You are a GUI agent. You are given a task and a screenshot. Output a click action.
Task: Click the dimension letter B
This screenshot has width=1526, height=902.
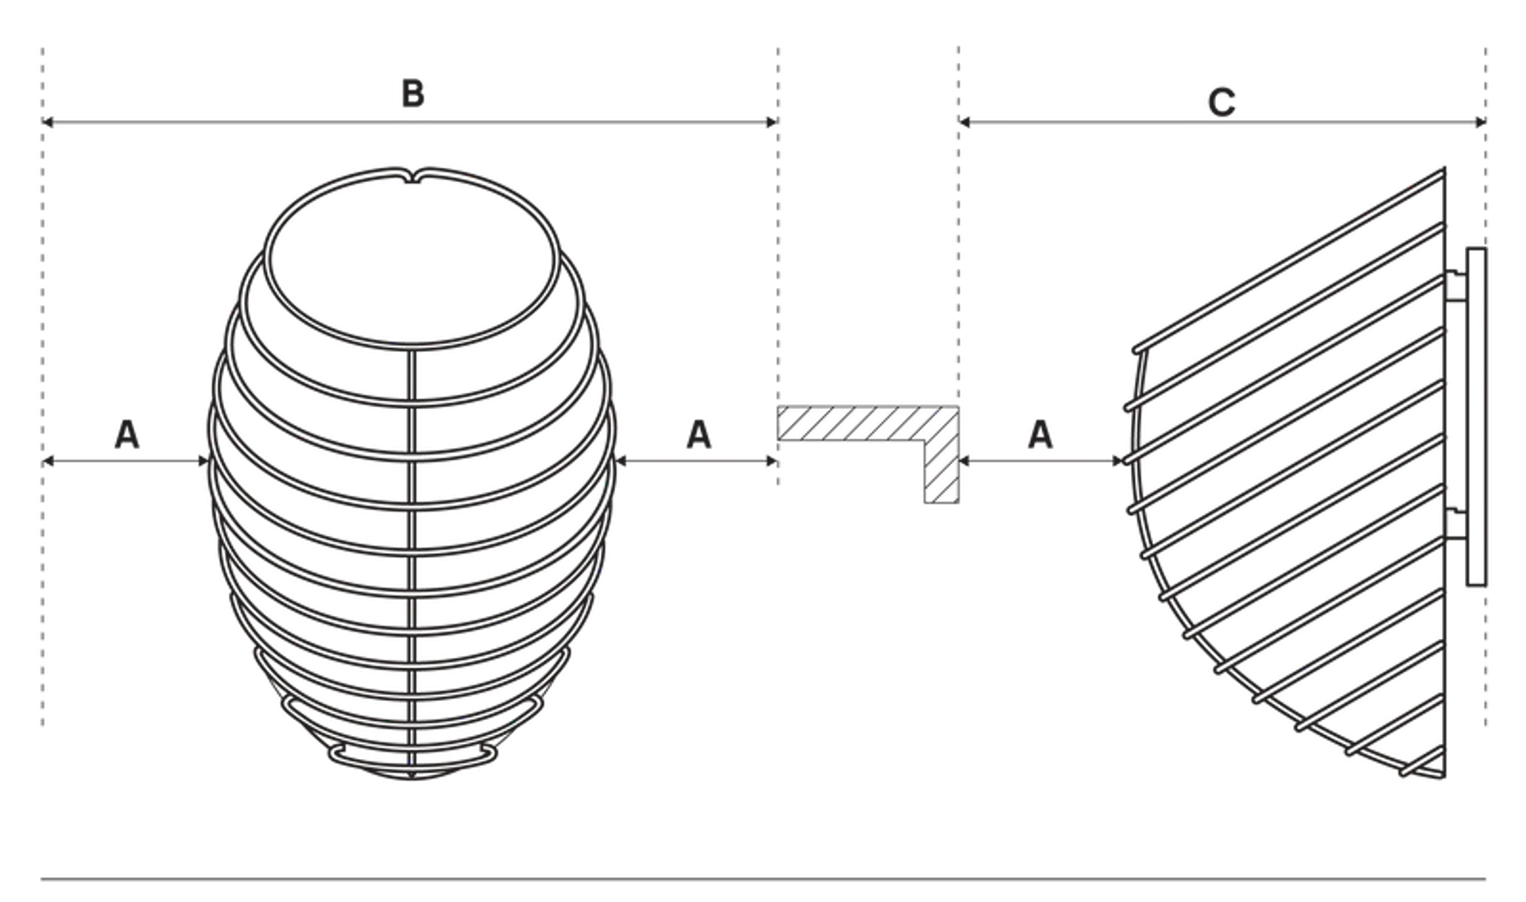(x=412, y=94)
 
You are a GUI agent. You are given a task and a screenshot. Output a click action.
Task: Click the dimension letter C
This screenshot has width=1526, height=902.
(x=1222, y=103)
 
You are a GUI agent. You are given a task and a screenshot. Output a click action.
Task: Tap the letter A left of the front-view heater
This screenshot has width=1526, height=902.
(x=127, y=435)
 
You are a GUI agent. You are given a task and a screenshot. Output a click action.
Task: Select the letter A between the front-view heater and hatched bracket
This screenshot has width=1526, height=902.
(x=699, y=435)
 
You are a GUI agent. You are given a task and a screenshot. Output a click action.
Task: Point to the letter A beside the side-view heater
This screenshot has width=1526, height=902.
(x=1040, y=435)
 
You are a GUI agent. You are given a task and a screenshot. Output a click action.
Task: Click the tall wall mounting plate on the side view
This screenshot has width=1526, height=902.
(x=1476, y=417)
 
